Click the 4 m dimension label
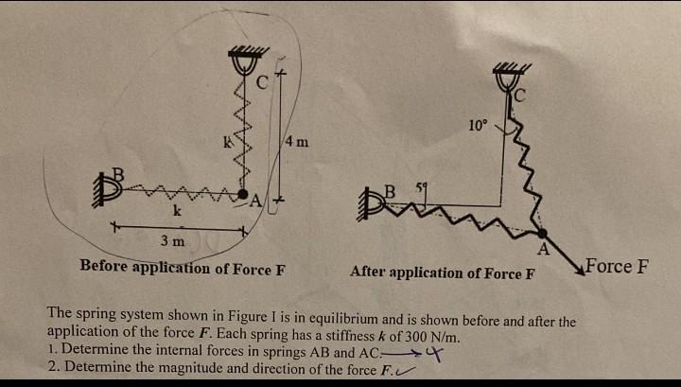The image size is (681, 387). point(296,142)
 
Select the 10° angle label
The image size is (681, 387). point(478,125)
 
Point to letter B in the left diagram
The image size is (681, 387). point(118,172)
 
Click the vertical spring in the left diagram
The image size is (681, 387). point(243,142)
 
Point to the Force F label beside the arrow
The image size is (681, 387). point(617,265)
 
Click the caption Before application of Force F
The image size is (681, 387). point(183,267)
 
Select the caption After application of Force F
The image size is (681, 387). point(443,273)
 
